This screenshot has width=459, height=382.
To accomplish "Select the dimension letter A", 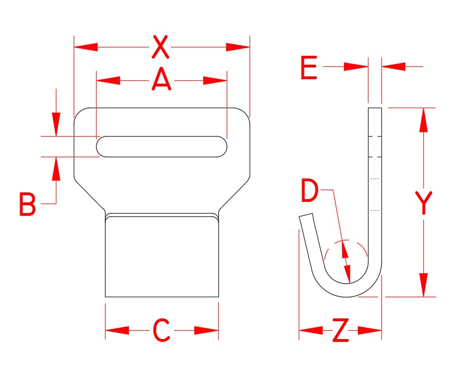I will click(x=161, y=80).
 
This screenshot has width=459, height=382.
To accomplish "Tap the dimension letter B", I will click(x=27, y=205).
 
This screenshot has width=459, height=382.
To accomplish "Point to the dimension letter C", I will click(x=161, y=331).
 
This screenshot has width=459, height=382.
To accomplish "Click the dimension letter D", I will click(x=309, y=191).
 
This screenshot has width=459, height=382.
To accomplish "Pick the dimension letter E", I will click(x=308, y=68).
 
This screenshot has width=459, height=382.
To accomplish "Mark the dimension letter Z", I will click(x=341, y=332).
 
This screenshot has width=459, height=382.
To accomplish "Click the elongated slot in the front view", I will click(x=161, y=147).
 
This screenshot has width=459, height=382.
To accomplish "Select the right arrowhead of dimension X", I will click(x=238, y=47).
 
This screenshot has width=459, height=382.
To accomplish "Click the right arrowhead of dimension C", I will click(x=207, y=331).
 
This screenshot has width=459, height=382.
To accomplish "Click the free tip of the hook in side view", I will click(x=306, y=217).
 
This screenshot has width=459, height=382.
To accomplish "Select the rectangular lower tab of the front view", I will click(x=161, y=257).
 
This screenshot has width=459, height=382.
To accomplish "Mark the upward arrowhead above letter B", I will click(x=56, y=169).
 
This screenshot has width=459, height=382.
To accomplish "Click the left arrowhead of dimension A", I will click(x=108, y=81).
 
